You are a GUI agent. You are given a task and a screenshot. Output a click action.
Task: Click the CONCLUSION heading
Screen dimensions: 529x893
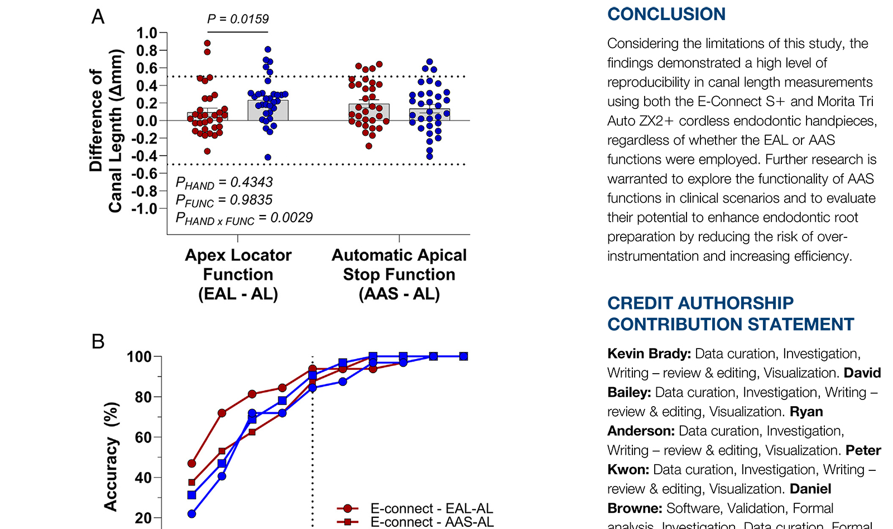[666, 14]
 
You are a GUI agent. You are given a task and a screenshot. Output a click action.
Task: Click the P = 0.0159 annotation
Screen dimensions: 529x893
[238, 19]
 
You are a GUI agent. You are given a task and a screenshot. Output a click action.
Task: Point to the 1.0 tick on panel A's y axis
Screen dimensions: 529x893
[147, 33]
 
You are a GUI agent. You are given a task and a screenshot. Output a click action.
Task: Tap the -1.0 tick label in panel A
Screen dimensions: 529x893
[145, 209]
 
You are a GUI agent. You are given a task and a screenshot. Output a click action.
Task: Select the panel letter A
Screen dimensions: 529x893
[98, 17]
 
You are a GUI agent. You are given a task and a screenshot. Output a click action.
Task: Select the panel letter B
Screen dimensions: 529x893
[98, 341]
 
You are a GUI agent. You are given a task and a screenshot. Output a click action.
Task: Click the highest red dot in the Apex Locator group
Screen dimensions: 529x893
[207, 43]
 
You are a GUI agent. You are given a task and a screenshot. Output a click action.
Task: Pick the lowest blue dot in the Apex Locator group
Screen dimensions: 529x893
[268, 158]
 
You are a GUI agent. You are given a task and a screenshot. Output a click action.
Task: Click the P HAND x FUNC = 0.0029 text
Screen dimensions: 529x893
[244, 218]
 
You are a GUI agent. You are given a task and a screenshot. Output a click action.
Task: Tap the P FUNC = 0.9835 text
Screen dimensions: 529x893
[224, 201]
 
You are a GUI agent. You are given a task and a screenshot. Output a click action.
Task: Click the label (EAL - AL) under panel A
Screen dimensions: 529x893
[238, 294]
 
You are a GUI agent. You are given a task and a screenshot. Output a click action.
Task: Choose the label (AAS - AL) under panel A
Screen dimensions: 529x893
[399, 294]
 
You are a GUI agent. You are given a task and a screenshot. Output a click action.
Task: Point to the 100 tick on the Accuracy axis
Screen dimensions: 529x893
[139, 357]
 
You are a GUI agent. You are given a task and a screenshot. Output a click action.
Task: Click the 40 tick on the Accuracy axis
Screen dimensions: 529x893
[143, 478]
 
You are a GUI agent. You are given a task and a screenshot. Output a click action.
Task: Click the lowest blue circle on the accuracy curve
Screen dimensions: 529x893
[192, 514]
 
